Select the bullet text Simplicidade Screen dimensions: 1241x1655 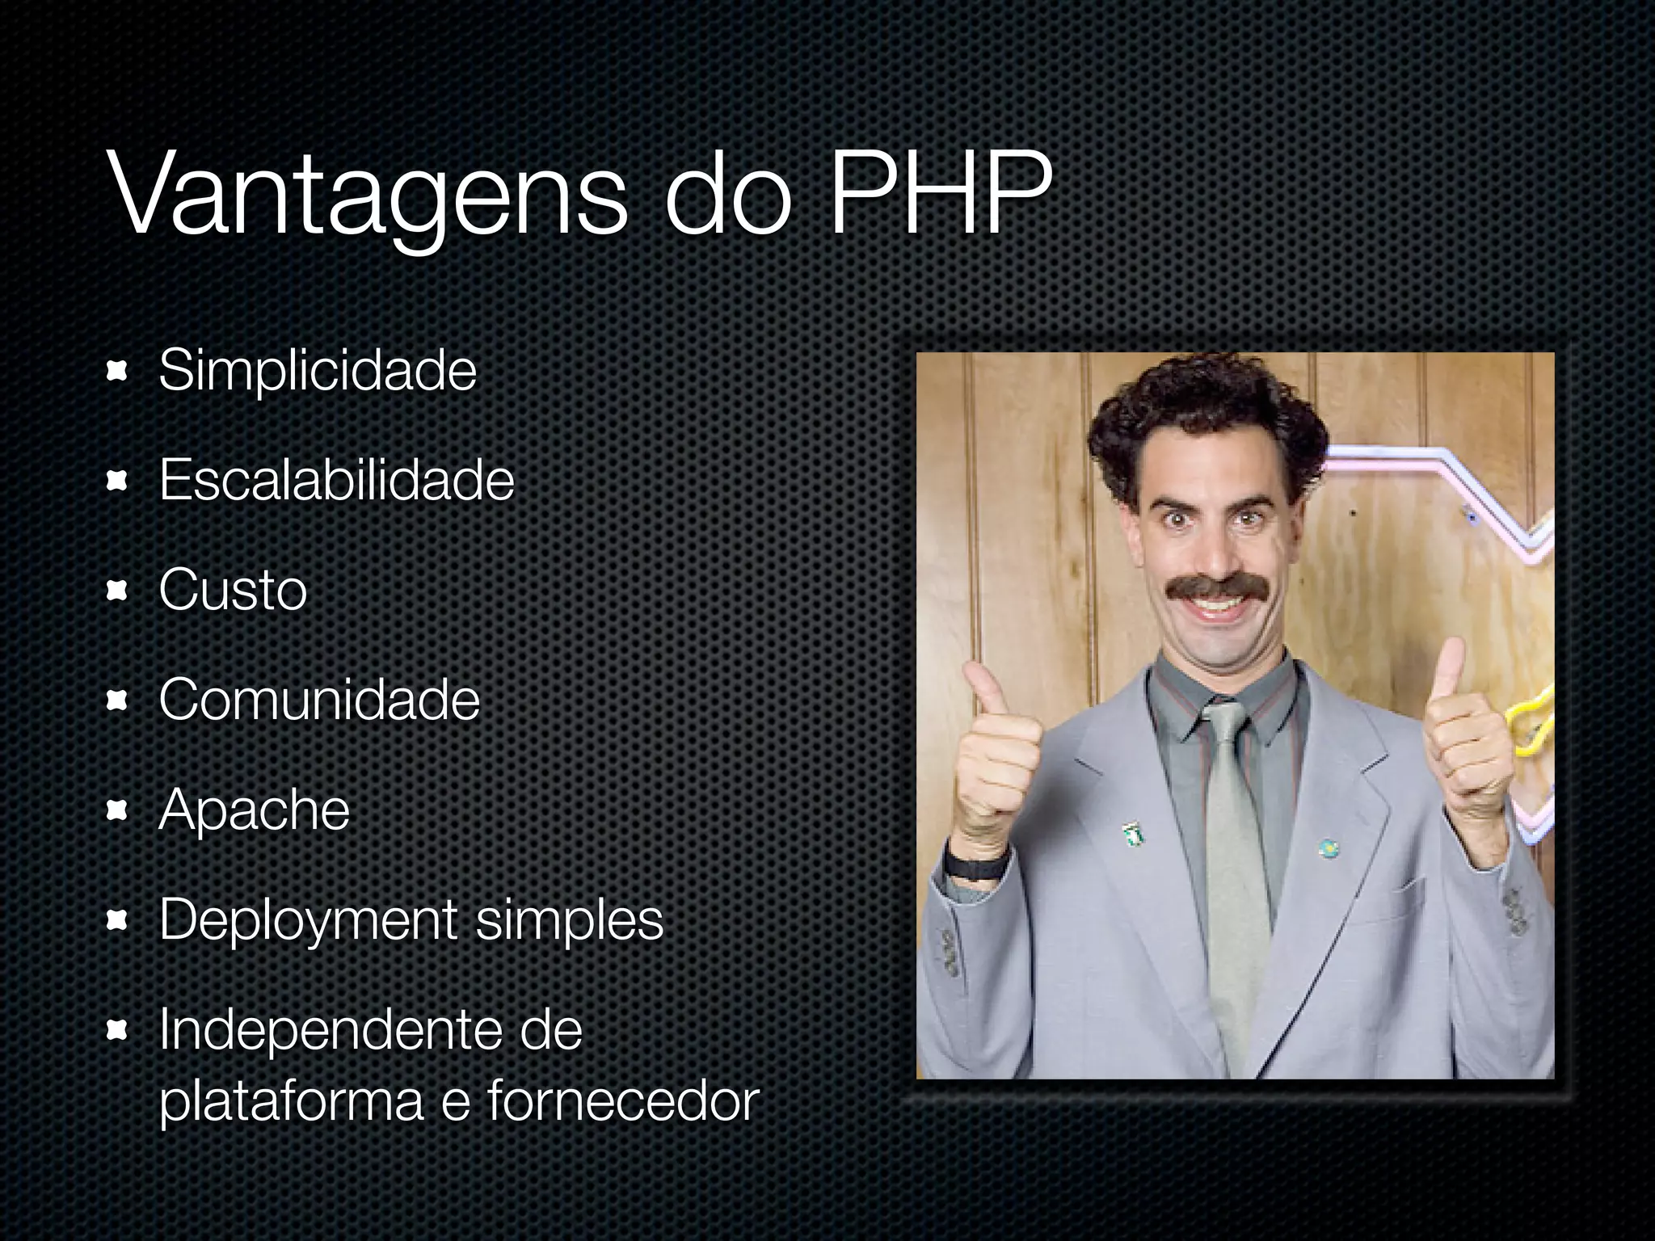pyautogui.click(x=318, y=371)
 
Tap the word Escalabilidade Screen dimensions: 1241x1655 pyautogui.click(x=336, y=480)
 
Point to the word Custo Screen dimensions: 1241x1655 pyautogui.click(x=233, y=589)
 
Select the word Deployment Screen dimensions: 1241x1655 pyautogui.click(x=309, y=920)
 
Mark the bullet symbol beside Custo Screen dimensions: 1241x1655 pyautogui.click(x=118, y=591)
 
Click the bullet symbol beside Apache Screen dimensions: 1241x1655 pyautogui.click(x=118, y=810)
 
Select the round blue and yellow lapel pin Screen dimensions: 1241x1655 pyautogui.click(x=1328, y=848)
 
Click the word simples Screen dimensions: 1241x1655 pyautogui.click(x=569, y=920)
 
